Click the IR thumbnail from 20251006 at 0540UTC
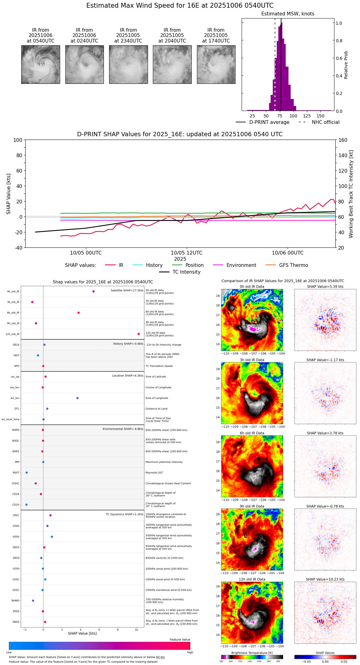click(x=40, y=64)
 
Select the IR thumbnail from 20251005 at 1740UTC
click(x=216, y=64)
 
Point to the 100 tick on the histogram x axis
click(x=293, y=116)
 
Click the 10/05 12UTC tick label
click(x=186, y=253)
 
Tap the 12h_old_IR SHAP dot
click(x=139, y=334)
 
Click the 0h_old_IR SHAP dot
click(x=93, y=292)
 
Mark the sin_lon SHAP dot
click(x=77, y=398)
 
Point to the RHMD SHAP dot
click(x=33, y=601)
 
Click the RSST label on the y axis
click(x=16, y=473)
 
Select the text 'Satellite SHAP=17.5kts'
click(x=127, y=291)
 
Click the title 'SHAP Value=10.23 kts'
click(x=325, y=579)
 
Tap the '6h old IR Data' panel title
click(x=252, y=433)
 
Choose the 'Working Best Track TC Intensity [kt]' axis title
click(x=351, y=194)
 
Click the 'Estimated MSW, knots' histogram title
click(x=288, y=14)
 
